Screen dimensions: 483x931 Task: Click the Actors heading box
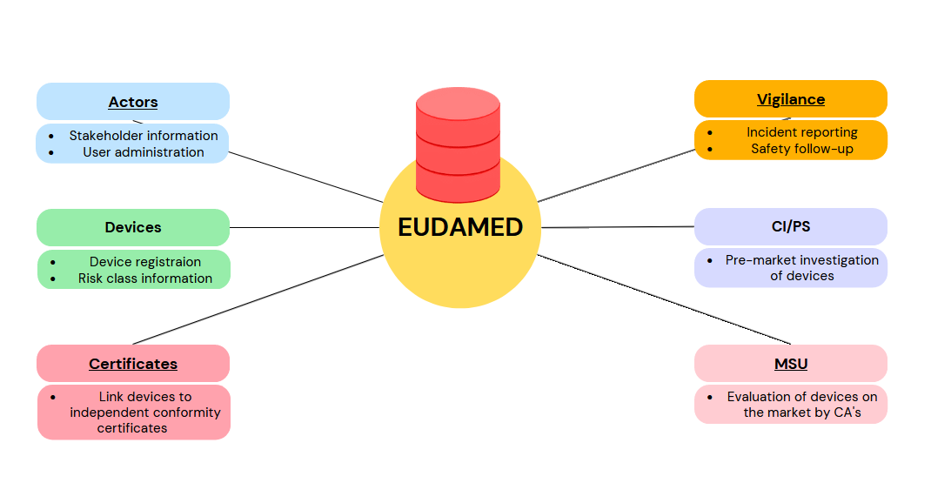(x=133, y=102)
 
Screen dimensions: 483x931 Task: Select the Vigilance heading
(x=790, y=99)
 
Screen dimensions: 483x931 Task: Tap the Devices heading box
(x=133, y=227)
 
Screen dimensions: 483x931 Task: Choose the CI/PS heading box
(x=790, y=226)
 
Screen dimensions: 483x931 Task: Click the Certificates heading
(x=133, y=364)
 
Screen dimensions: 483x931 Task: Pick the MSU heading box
(x=790, y=364)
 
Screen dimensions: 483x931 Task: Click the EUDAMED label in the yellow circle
(x=460, y=227)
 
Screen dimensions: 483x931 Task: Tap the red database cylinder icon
(x=458, y=144)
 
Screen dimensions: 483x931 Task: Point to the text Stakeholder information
(x=144, y=136)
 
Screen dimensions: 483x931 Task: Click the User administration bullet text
(x=144, y=152)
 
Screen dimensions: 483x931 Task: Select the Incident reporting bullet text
(x=801, y=132)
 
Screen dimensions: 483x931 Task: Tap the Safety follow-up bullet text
(x=801, y=149)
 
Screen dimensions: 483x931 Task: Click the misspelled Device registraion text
(x=144, y=262)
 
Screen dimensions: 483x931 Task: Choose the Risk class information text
(x=144, y=278)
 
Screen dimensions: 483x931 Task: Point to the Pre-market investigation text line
(x=801, y=260)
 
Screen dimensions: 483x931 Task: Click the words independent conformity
(x=145, y=413)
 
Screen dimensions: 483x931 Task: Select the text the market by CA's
(x=801, y=413)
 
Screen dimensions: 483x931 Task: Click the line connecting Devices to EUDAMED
(x=305, y=228)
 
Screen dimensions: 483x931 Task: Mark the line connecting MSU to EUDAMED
(x=661, y=299)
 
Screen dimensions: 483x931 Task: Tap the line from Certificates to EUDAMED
(x=261, y=299)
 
